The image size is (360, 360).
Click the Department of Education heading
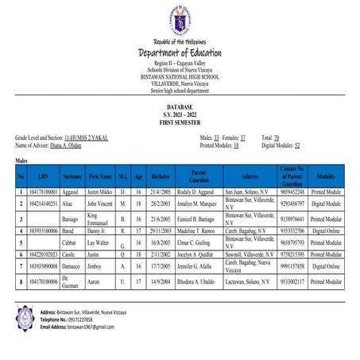(180, 52)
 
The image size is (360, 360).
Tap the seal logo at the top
(180, 21)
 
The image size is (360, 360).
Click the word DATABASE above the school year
(180, 106)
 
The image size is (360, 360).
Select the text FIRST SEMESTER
(180, 118)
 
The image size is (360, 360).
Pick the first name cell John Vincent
(101, 204)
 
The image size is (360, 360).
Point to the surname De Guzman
(69, 281)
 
